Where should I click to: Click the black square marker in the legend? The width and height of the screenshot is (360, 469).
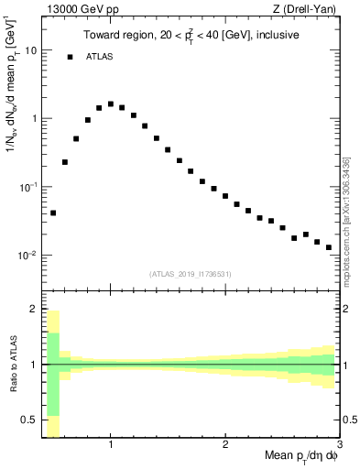[x=70, y=57]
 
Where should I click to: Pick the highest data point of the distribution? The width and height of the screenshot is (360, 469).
[x=111, y=104]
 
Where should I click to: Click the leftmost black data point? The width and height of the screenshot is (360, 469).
[x=53, y=213]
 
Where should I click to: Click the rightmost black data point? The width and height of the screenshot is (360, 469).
[x=329, y=247]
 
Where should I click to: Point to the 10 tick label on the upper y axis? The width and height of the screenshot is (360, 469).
[x=30, y=50]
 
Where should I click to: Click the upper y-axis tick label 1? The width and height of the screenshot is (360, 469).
[x=34, y=119]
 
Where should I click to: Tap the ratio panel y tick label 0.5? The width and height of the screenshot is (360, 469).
[x=28, y=420]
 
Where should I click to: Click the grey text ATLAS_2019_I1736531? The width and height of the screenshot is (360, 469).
[x=191, y=273]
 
